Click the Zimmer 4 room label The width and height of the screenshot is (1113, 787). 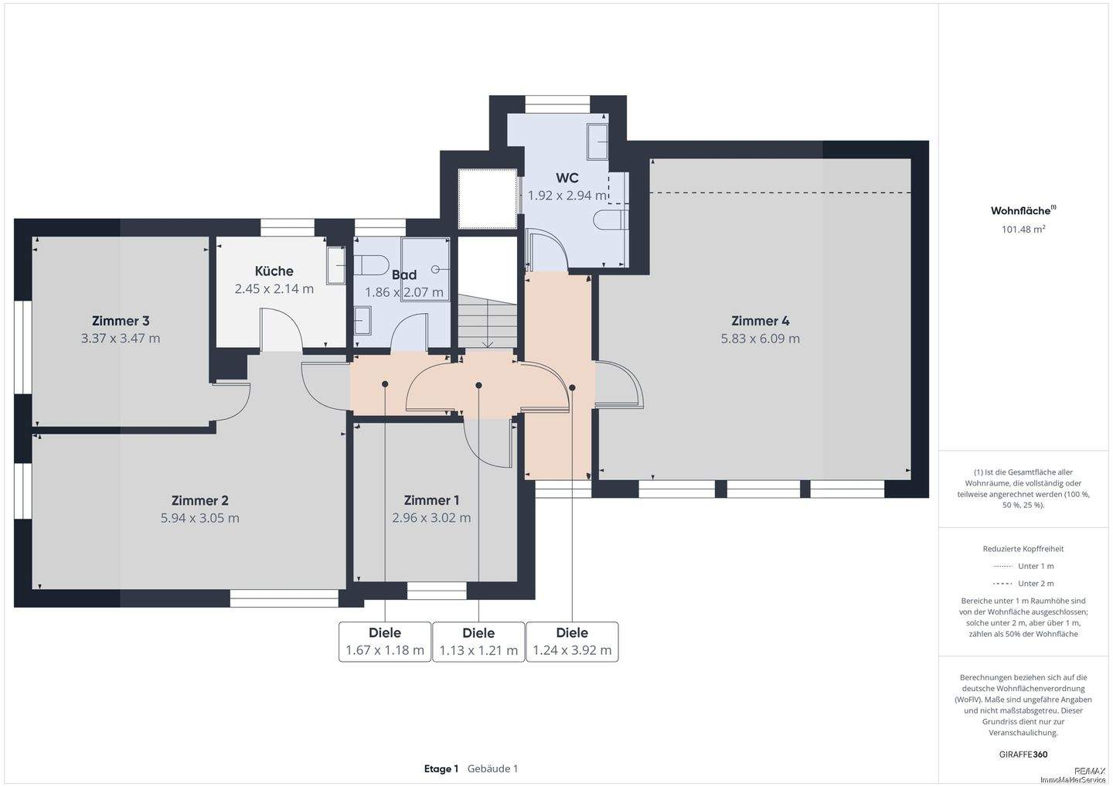point(761,321)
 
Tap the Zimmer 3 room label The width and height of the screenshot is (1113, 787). point(121,321)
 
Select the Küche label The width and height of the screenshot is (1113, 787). point(274,271)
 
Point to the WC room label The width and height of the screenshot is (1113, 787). point(567,178)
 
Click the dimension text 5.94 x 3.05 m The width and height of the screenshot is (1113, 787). point(199,518)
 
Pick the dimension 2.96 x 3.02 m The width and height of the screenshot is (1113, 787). point(431,518)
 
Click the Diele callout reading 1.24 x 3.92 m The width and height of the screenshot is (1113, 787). point(573,642)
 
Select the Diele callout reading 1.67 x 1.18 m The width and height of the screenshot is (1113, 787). point(385,642)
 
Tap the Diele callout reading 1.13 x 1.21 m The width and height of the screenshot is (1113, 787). point(478,642)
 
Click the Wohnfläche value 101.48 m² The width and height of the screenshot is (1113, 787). point(1023,229)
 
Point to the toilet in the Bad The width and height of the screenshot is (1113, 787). point(371,265)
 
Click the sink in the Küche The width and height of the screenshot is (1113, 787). point(336,265)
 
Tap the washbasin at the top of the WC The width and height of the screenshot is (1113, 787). point(597,141)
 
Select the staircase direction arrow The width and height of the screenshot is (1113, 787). point(488,323)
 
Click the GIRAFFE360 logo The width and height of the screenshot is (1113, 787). point(1023,755)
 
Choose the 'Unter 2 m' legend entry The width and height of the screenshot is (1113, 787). point(1023,584)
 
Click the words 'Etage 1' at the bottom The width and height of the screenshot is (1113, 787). point(441,768)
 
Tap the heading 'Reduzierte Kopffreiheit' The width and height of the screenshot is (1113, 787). point(1023,549)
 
